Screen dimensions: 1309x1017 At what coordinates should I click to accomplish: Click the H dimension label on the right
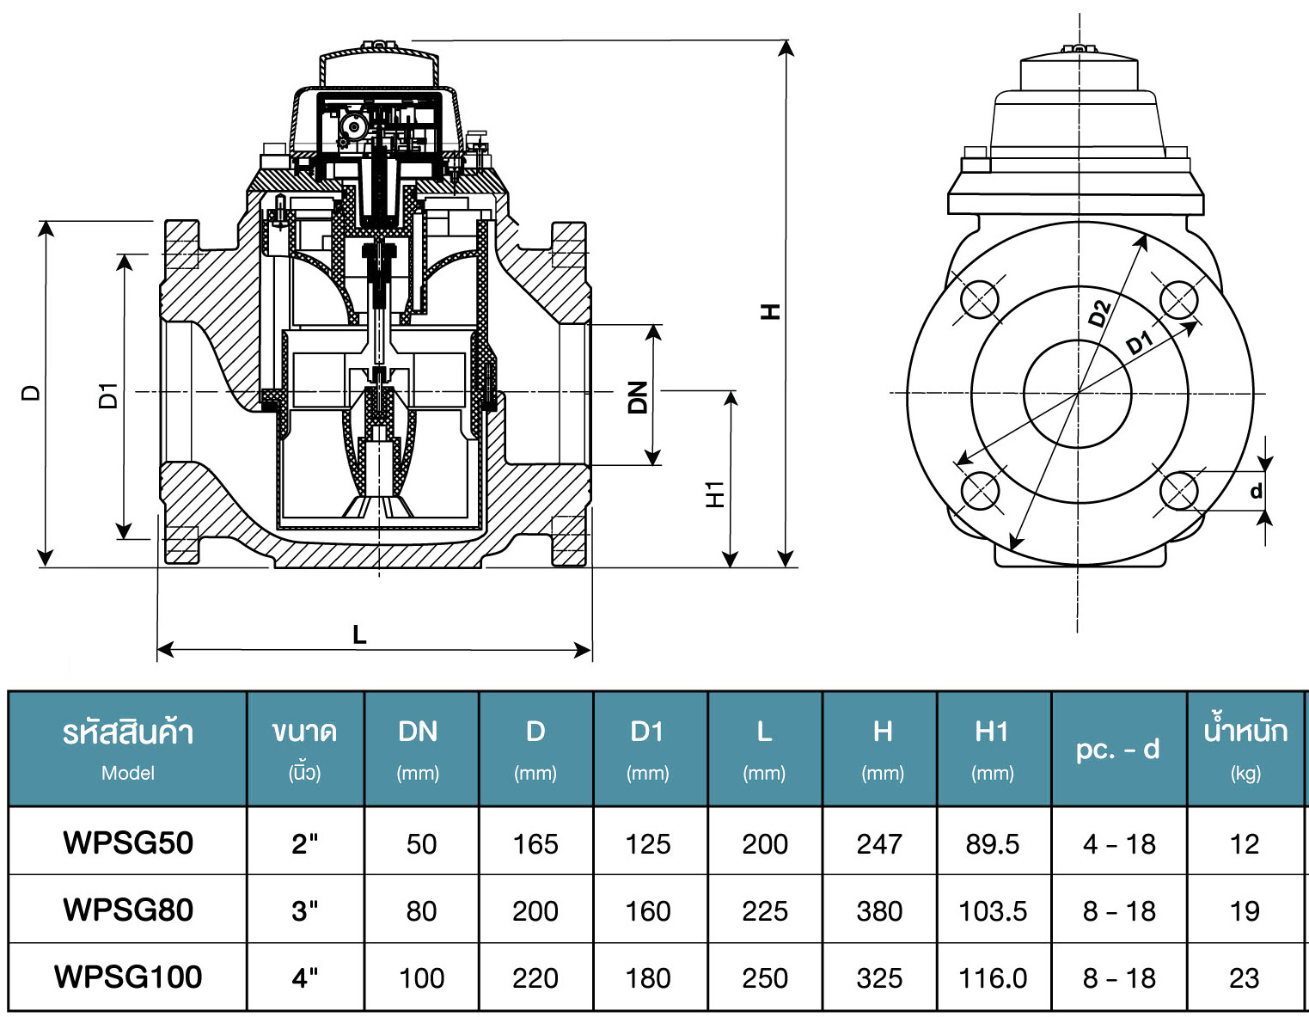pyautogui.click(x=770, y=311)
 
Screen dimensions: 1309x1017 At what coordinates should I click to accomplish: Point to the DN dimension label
pyautogui.click(x=638, y=397)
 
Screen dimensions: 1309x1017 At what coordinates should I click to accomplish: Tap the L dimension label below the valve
pyautogui.click(x=359, y=634)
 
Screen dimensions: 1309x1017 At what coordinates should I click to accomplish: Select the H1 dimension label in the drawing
pyautogui.click(x=715, y=494)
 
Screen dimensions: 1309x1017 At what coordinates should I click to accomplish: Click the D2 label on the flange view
pyautogui.click(x=1100, y=313)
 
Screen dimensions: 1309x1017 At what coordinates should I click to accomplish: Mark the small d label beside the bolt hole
pyautogui.click(x=1256, y=491)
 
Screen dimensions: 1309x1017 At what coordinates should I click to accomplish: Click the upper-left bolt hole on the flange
pyautogui.click(x=980, y=299)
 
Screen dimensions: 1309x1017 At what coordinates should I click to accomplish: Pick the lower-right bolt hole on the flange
pyautogui.click(x=1179, y=491)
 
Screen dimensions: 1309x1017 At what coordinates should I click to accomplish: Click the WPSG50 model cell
pyautogui.click(x=128, y=842)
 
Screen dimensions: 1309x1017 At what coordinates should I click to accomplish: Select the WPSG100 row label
pyautogui.click(x=128, y=977)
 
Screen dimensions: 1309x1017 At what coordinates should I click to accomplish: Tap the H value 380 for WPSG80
pyautogui.click(x=879, y=911)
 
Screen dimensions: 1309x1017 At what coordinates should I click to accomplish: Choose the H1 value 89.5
pyautogui.click(x=992, y=844)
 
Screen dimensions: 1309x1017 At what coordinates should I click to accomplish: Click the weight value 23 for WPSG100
pyautogui.click(x=1244, y=978)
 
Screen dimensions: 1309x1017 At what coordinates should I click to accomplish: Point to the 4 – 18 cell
pyautogui.click(x=1119, y=844)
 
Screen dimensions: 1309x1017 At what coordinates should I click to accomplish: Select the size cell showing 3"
pyautogui.click(x=305, y=911)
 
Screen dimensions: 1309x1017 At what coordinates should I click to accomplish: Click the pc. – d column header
pyautogui.click(x=1118, y=749)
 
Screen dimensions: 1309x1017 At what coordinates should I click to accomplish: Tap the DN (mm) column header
pyautogui.click(x=418, y=750)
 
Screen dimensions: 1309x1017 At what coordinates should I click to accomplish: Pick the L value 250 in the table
pyautogui.click(x=765, y=978)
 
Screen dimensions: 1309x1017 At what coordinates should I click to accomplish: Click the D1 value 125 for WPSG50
pyautogui.click(x=647, y=844)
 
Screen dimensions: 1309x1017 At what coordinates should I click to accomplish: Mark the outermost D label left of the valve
pyautogui.click(x=31, y=393)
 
